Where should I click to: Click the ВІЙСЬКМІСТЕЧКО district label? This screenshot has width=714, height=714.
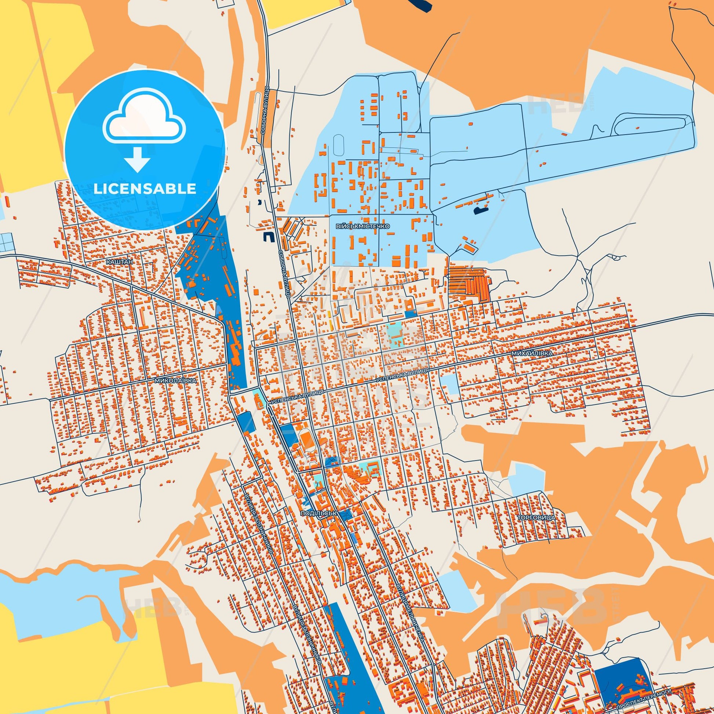point(363,226)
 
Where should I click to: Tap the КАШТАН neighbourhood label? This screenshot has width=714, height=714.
point(119,261)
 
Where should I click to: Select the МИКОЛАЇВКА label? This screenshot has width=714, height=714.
point(176,379)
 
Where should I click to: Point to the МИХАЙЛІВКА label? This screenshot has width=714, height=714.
point(532,353)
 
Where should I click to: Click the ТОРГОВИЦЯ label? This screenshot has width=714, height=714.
point(536,518)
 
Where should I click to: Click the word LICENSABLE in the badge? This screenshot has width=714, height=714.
point(145,189)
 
